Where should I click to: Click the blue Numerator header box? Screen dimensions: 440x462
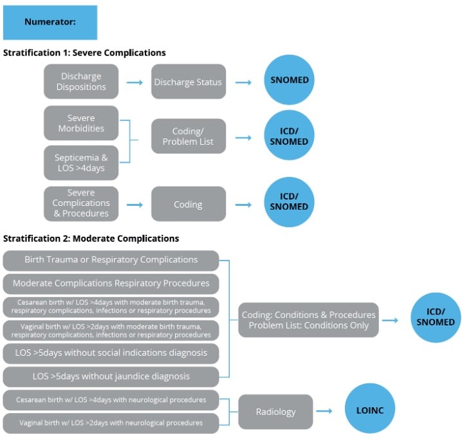(x=50, y=23)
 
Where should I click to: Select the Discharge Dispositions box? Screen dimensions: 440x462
(x=81, y=82)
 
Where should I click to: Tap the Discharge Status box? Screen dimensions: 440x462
(x=188, y=82)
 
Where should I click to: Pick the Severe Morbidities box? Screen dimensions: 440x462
(x=81, y=123)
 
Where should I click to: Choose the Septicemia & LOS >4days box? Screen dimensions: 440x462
(x=81, y=162)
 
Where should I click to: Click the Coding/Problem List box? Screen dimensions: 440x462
(x=188, y=136)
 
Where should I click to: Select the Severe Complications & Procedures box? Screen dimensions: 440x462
(x=81, y=203)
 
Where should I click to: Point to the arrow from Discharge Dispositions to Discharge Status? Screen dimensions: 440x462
(x=134, y=82)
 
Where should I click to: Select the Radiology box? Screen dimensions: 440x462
(x=275, y=412)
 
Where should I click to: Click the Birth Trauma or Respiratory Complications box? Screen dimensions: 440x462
(x=111, y=260)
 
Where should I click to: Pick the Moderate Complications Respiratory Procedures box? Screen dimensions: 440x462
(x=111, y=283)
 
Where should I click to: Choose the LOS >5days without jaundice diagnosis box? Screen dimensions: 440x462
(x=111, y=376)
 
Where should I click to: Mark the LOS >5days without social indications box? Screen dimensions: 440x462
(x=111, y=353)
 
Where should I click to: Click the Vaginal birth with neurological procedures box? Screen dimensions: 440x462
(x=111, y=423)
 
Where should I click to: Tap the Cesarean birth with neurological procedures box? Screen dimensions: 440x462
(x=111, y=399)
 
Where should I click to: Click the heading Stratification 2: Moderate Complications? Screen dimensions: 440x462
(x=91, y=239)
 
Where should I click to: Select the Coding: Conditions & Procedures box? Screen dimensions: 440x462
(x=308, y=320)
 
